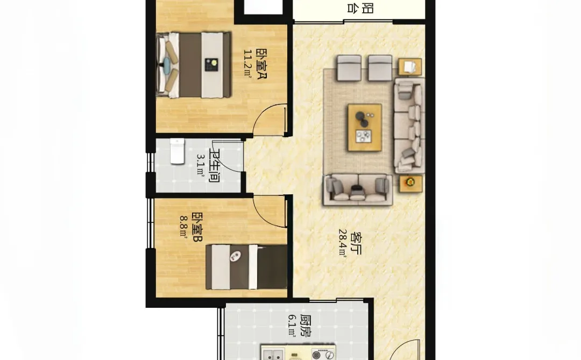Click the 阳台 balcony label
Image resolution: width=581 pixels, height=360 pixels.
360,8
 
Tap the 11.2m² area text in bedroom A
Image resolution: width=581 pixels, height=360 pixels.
247,63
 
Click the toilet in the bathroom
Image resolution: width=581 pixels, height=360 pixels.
177,151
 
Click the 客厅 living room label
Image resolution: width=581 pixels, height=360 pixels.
355,243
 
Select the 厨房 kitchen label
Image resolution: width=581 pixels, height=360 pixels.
306,326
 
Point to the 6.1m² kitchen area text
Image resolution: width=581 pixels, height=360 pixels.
292,326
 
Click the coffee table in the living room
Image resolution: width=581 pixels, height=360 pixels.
365,128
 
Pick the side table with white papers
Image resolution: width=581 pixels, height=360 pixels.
410,67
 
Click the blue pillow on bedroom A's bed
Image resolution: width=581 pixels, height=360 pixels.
167,65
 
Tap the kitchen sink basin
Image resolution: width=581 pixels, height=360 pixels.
273,354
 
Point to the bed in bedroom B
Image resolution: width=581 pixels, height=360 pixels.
246,266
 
